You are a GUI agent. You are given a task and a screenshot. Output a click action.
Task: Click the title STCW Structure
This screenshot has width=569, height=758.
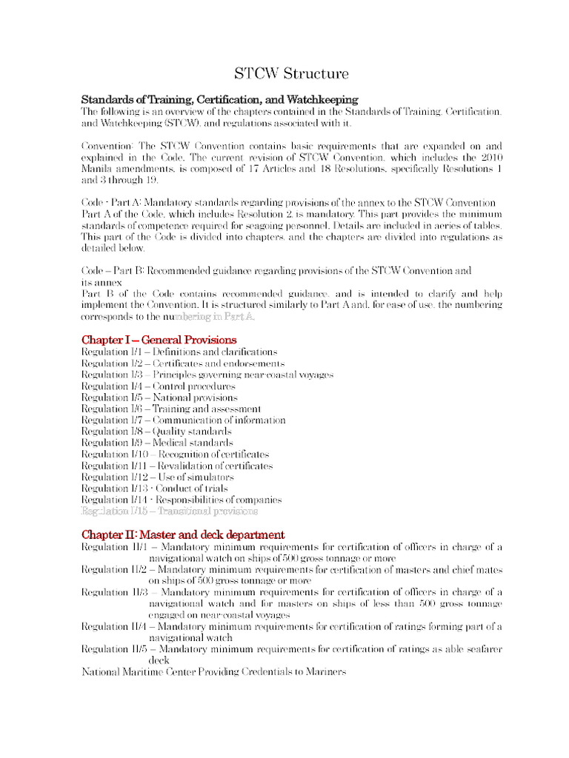coord(291,74)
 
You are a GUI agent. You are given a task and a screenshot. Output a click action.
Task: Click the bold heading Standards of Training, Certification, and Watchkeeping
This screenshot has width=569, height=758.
coord(219,99)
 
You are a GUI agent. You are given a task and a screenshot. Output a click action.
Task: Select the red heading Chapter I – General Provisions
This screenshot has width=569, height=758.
coord(159,340)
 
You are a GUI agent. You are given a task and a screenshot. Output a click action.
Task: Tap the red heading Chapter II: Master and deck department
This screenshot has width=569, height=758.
coord(183,534)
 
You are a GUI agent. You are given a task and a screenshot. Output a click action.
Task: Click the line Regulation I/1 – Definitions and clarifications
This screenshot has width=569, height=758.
coord(179,352)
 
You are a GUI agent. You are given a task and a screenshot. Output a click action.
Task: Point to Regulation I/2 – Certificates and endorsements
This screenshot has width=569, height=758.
coord(182,363)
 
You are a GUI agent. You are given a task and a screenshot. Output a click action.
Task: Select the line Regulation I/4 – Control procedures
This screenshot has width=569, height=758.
coord(158,386)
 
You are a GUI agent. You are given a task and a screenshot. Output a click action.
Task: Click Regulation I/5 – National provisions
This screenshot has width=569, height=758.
coord(159,398)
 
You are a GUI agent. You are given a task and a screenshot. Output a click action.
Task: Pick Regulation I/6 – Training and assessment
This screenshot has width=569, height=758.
coord(170,409)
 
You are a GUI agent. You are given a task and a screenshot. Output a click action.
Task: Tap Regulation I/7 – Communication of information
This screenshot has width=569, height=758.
coord(183,420)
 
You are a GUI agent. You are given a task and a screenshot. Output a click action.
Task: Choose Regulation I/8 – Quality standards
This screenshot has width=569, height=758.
coord(156,432)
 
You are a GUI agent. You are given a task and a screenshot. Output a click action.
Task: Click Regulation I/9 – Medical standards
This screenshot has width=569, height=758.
coord(157,443)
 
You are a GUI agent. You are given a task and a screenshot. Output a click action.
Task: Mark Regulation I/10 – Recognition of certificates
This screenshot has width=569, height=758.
coord(175,455)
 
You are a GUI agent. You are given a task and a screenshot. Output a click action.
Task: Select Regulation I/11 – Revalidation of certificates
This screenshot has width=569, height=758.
coord(177,466)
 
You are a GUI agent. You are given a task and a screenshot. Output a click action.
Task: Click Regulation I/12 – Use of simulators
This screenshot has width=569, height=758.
coord(157,477)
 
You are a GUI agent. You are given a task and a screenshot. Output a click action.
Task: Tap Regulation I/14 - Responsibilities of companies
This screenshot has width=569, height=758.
coord(182,500)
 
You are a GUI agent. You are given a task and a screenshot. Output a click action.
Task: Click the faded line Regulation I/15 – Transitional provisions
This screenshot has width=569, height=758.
coord(170,511)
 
